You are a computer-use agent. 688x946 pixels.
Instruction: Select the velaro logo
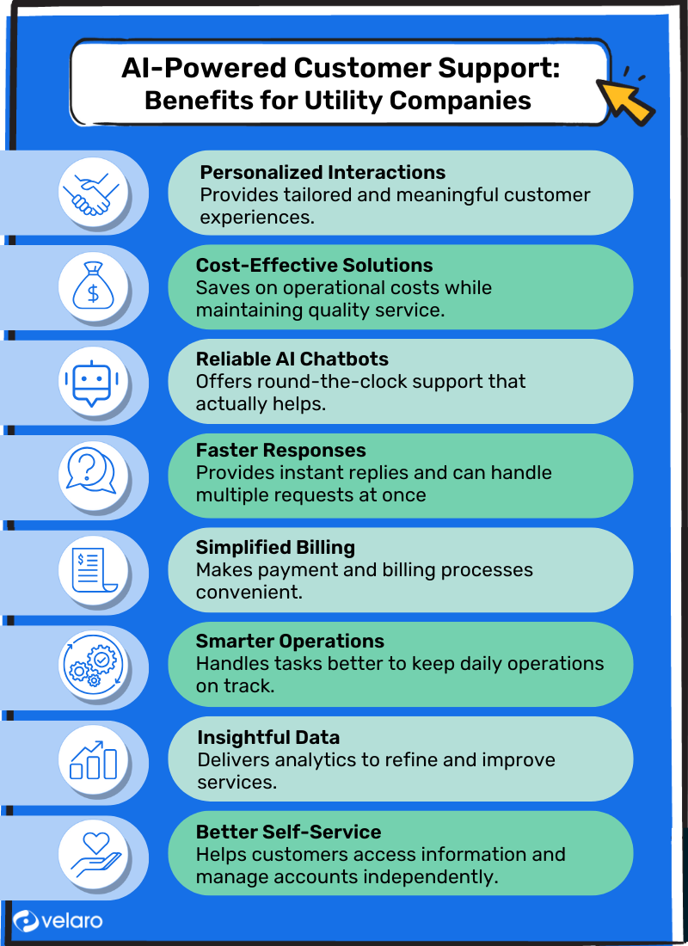pos(58,920)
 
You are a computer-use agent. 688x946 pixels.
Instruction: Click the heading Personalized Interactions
pos(322,172)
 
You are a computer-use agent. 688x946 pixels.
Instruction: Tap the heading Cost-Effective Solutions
pos(314,265)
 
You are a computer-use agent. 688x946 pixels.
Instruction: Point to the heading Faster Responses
pos(280,451)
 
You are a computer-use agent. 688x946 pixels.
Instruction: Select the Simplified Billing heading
pos(275,547)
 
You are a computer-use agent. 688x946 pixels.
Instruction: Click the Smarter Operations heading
pos(290,642)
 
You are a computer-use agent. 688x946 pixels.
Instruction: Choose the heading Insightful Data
pos(268,738)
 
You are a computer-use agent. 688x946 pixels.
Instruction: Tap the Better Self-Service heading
pos(288,832)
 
